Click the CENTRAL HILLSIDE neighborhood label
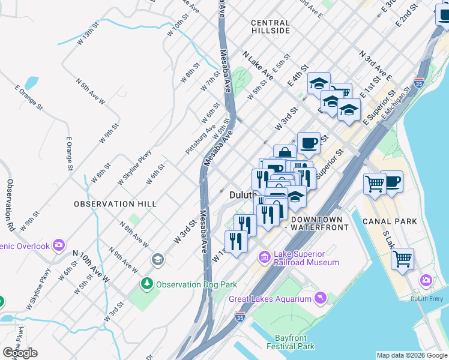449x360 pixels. (270, 26)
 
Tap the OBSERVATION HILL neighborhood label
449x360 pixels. (115, 204)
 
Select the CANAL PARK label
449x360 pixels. (390, 221)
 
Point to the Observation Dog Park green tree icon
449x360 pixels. (146, 283)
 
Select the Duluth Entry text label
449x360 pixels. (426, 299)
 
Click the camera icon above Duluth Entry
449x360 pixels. (426, 280)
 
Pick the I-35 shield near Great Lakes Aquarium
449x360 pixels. (240, 315)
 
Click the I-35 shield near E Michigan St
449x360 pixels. (419, 82)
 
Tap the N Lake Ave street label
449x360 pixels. (258, 66)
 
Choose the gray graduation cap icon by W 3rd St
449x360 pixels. (157, 259)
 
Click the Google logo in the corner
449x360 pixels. (20, 352)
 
